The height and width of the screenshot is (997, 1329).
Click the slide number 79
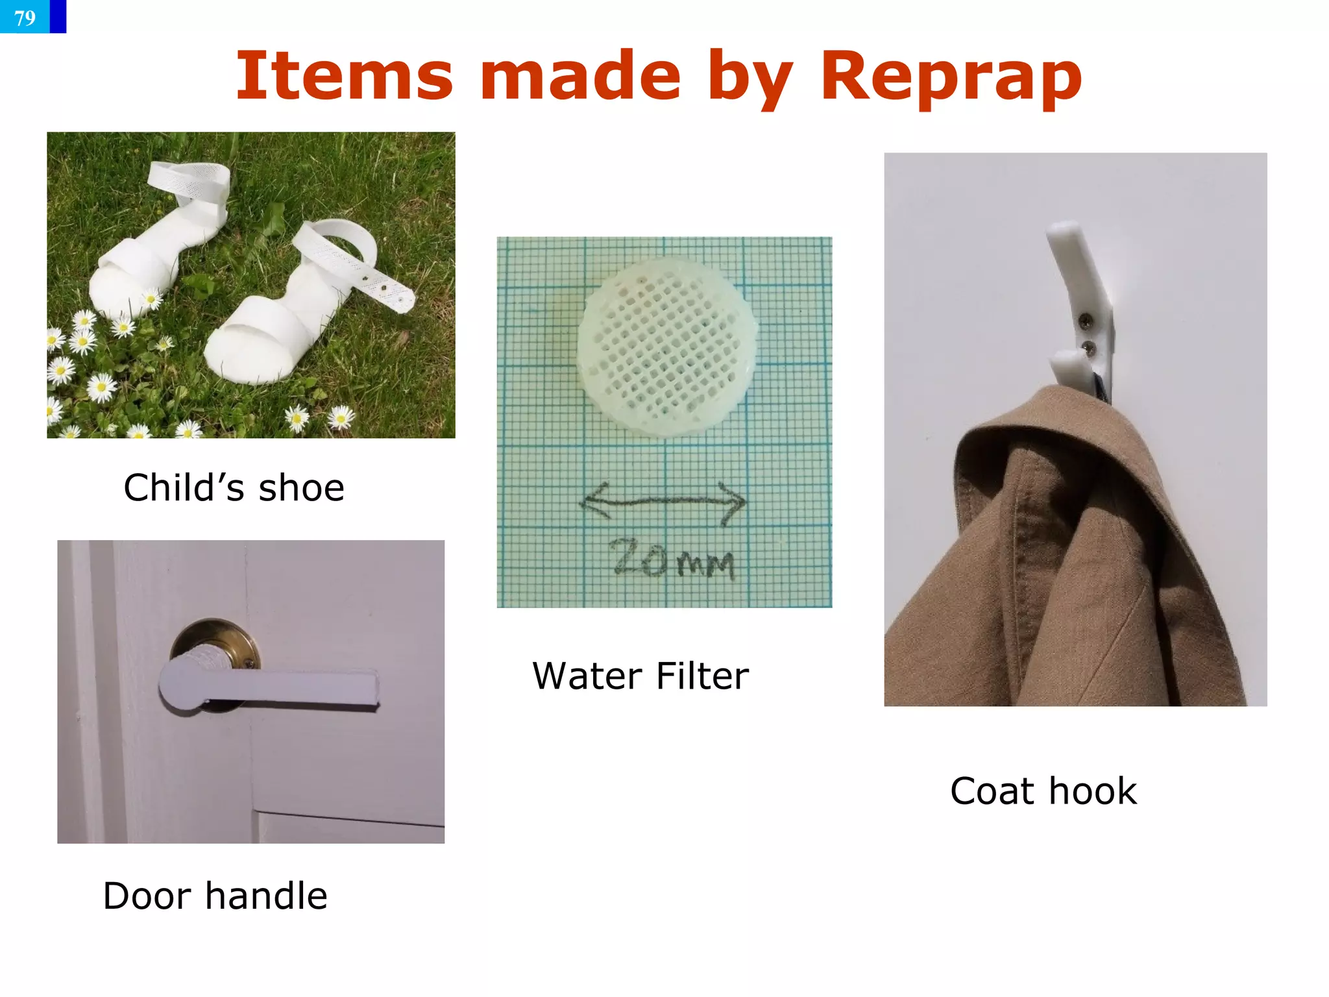25,18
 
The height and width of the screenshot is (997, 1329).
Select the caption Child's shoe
234,488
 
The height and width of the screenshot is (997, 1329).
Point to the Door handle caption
215,896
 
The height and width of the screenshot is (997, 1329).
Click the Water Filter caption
640,676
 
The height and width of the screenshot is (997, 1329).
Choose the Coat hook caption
1043,791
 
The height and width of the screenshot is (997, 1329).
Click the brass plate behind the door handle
214,639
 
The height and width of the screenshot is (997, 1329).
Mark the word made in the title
580,77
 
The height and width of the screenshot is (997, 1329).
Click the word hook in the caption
1093,791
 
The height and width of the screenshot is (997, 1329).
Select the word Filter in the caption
702,676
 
